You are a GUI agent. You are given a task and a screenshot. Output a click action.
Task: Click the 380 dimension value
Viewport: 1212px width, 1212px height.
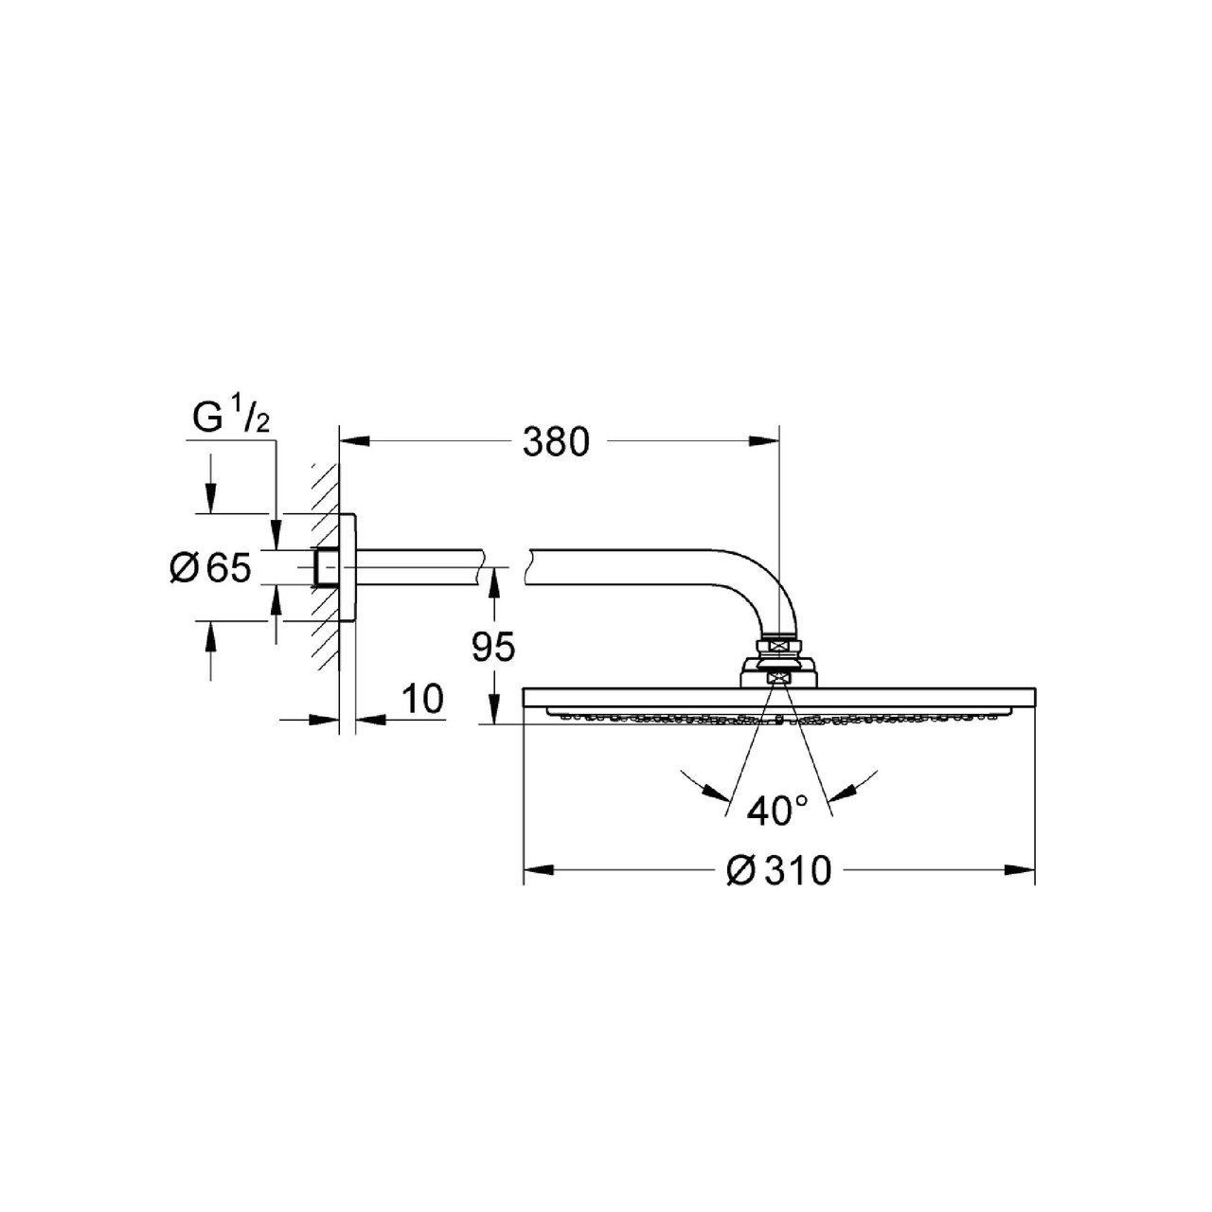(556, 441)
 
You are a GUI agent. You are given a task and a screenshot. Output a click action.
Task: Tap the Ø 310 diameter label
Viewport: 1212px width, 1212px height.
(778, 871)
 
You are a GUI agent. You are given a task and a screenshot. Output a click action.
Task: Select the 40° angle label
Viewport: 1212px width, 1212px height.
(776, 810)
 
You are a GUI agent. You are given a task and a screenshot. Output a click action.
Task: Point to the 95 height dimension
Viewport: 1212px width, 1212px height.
(493, 647)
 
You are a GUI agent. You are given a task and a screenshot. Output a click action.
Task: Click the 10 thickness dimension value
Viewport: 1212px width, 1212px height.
(422, 698)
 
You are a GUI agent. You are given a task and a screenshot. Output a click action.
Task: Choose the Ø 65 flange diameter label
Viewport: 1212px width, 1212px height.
(210, 568)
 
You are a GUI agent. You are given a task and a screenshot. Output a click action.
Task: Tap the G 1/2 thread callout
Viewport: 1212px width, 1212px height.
(231, 419)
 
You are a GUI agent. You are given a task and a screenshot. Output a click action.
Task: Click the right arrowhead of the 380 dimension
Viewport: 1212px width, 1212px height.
(765, 442)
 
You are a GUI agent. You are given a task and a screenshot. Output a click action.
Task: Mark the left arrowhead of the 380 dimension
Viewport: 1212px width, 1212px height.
(354, 442)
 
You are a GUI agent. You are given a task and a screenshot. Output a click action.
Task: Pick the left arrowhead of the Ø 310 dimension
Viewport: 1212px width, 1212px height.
(539, 870)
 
